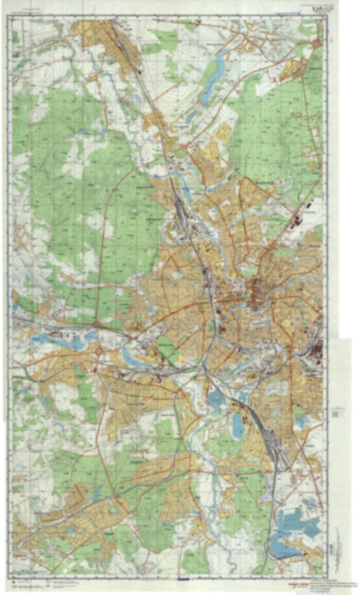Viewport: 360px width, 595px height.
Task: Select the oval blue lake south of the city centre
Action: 238,425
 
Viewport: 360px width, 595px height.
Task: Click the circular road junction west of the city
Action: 100,352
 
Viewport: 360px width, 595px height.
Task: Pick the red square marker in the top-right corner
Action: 317,43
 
